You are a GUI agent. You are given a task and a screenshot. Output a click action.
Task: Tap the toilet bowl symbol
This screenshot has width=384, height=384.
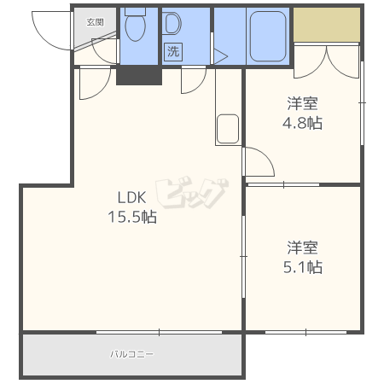135,28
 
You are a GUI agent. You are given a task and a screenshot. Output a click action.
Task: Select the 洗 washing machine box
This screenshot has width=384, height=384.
173,51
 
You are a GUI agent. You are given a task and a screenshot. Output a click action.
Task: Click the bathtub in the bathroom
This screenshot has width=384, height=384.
269,34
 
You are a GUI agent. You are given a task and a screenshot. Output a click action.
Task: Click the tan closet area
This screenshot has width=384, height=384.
327,26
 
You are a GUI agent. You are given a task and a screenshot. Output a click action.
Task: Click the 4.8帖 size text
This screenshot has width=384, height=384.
303,123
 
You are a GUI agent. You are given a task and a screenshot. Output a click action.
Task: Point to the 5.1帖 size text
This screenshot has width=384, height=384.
303,267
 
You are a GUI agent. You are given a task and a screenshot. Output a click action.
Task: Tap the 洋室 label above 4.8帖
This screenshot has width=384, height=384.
303,103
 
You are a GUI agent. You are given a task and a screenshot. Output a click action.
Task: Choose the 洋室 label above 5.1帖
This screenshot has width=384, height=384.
303,247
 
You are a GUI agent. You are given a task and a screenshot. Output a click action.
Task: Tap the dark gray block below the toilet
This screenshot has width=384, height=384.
138,75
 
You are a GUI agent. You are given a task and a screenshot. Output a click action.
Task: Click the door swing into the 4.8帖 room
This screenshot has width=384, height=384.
258,162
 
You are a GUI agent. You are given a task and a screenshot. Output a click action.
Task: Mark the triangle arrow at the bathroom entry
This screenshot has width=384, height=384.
220,56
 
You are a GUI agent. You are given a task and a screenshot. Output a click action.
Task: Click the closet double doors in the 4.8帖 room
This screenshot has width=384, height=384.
327,60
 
